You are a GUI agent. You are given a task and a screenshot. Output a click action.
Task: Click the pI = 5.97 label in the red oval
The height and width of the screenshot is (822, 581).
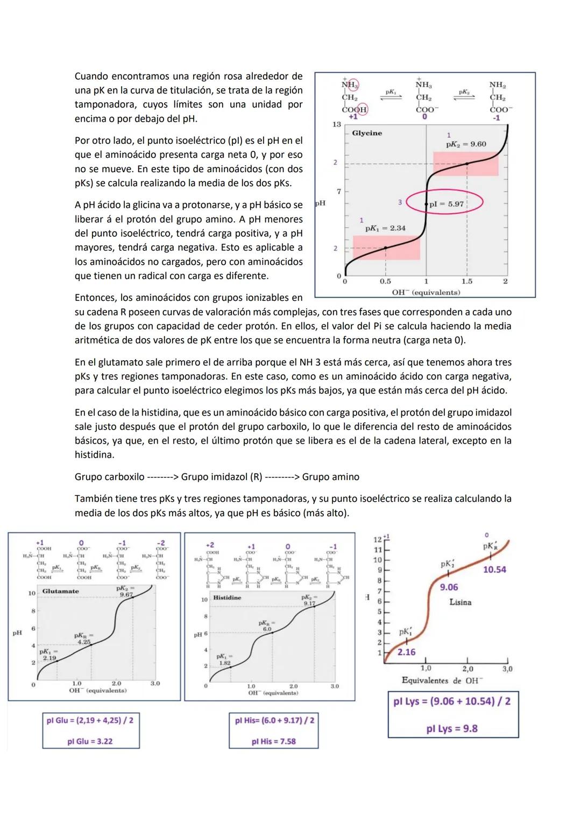[x=446, y=204]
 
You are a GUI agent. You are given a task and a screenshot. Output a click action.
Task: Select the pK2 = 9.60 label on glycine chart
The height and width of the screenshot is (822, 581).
[x=466, y=144]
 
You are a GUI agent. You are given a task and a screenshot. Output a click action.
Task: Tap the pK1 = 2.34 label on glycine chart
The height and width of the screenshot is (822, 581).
[x=385, y=228]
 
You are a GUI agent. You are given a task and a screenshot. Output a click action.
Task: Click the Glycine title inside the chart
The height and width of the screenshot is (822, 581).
[x=367, y=133]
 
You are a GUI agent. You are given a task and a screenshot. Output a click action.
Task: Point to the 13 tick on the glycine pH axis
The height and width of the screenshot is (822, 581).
[x=336, y=124]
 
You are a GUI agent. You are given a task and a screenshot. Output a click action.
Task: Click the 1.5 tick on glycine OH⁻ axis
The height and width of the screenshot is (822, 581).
[x=467, y=281]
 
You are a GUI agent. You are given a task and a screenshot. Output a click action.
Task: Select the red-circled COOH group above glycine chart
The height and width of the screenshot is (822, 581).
[x=355, y=109]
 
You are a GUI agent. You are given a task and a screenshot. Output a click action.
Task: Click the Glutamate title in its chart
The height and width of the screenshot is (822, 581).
[x=60, y=591]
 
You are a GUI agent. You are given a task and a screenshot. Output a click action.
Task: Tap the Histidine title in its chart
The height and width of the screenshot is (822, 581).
[x=227, y=598]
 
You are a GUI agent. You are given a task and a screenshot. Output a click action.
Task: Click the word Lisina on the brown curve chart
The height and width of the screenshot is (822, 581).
[x=460, y=602]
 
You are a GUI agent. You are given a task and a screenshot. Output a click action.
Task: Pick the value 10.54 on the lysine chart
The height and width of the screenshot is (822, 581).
[x=494, y=570]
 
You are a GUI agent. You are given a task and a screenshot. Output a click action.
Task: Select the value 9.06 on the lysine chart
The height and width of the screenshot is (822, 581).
[x=449, y=587]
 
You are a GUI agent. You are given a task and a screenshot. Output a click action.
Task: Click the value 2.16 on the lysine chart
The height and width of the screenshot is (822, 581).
[x=406, y=652]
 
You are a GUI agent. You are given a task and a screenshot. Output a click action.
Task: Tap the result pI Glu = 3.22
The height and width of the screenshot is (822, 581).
[x=90, y=741]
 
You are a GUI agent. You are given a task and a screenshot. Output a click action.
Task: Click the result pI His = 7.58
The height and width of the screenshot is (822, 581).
[x=273, y=741]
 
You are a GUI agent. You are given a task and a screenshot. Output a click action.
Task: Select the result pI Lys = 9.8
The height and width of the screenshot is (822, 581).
[x=452, y=728]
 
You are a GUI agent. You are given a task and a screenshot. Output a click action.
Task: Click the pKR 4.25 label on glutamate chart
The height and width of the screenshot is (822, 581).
[x=84, y=639]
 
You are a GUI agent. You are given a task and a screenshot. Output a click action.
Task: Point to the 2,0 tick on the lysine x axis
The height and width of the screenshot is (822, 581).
[x=467, y=669]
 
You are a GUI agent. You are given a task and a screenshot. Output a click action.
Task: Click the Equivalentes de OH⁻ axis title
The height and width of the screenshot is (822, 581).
[x=442, y=680]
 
